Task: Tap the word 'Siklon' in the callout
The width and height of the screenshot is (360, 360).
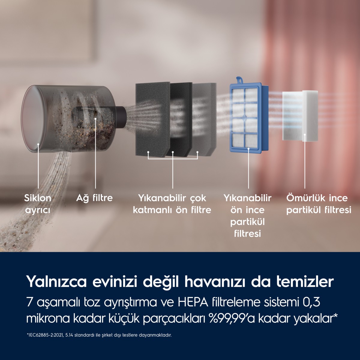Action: pos(37,198)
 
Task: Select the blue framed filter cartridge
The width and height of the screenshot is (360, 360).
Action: pos(248,118)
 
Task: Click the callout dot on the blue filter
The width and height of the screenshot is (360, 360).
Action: pos(248,149)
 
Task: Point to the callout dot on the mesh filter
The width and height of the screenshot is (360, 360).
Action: pos(95,118)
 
